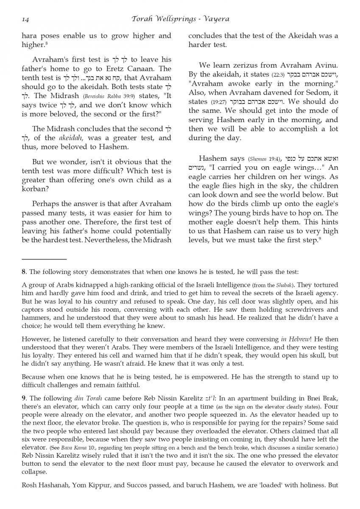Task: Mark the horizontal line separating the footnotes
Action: (x=44, y=259)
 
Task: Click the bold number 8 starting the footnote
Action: (x=24, y=271)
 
